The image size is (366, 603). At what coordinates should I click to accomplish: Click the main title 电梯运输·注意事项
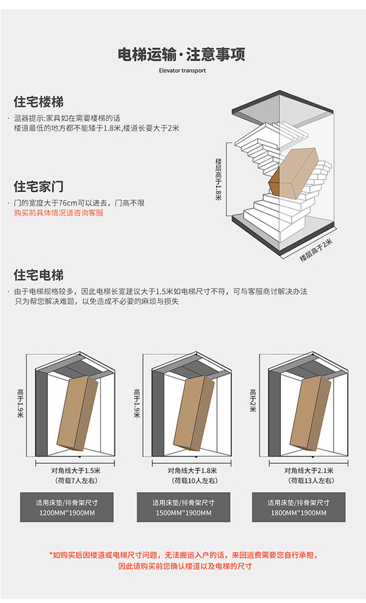[x=182, y=54]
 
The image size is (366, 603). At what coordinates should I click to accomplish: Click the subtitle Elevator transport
[x=182, y=71]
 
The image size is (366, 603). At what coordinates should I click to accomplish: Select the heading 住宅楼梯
[x=39, y=102]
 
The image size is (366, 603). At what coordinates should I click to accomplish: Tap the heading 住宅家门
[x=39, y=186]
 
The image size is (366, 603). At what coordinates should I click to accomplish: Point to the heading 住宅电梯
[x=39, y=275]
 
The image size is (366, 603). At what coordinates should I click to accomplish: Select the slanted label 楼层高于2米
[x=316, y=250]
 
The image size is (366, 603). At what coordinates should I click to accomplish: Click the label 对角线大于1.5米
[x=76, y=470]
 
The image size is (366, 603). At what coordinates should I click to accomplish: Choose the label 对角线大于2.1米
[x=309, y=470]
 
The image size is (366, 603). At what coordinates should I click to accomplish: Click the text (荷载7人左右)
[x=76, y=481]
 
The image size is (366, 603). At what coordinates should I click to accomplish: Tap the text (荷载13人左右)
[x=309, y=481]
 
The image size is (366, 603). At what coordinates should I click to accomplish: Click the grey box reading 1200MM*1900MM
[x=66, y=507]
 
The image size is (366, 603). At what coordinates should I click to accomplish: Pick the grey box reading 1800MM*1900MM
[x=299, y=507]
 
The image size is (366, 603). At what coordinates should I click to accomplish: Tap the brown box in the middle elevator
[x=194, y=412]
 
